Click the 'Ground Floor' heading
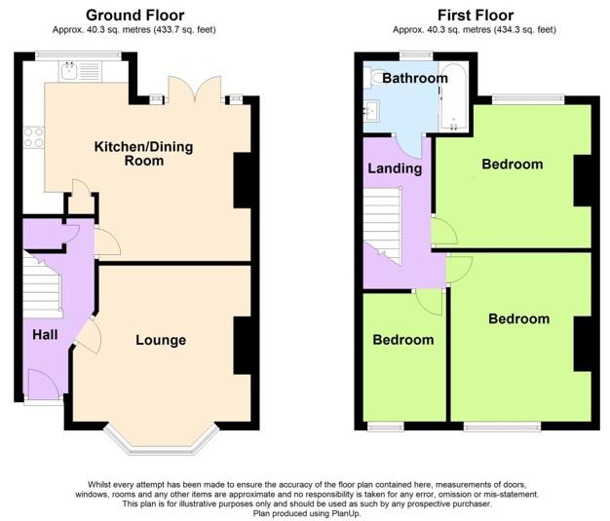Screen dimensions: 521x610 135,15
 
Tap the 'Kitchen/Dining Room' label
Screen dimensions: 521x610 143,154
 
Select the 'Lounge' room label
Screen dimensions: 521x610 161,340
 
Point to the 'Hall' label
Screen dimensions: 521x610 43,334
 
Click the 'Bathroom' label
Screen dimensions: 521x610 415,78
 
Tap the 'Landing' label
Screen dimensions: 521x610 395,168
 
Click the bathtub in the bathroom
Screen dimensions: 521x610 455,97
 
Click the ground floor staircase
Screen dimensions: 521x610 41,287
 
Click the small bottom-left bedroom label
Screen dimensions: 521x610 403,340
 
